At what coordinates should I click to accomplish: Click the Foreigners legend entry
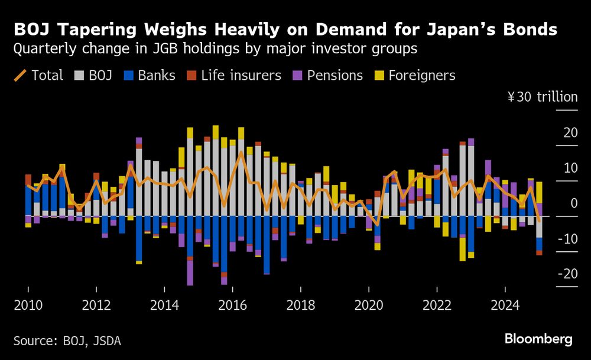pyautogui.click(x=413, y=75)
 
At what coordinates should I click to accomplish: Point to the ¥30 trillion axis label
pyautogui.click(x=542, y=97)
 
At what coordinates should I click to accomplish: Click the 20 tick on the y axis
pyautogui.click(x=570, y=132)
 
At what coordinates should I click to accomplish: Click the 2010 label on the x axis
pyautogui.click(x=28, y=306)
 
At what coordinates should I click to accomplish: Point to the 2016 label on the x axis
pyautogui.click(x=232, y=306)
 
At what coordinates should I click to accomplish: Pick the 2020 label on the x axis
pyautogui.click(x=369, y=306)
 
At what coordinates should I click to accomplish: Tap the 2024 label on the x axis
pyautogui.click(x=505, y=306)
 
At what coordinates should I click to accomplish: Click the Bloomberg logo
pyautogui.click(x=538, y=339)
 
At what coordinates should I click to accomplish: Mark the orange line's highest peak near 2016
pyautogui.click(x=241, y=153)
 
